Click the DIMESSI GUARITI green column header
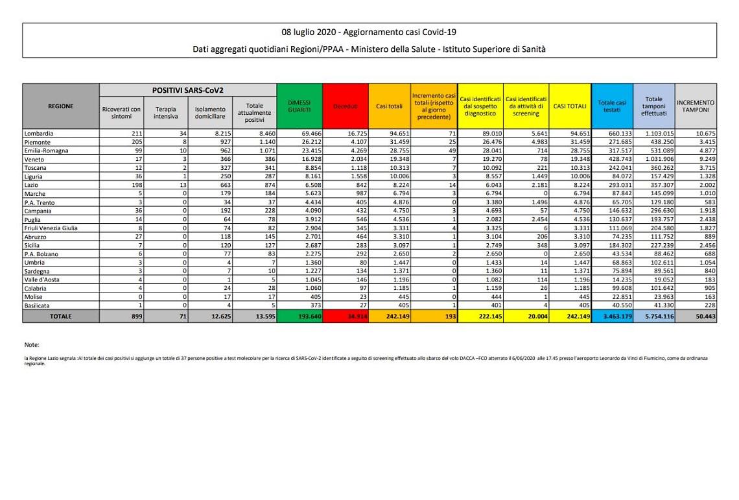coord(299,106)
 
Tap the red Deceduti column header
coord(345,106)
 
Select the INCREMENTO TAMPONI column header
coord(696,106)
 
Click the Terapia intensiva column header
coord(165,113)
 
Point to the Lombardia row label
coord(40,133)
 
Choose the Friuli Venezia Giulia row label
coord(52,228)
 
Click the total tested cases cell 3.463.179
coord(613,316)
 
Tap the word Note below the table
coord(32,345)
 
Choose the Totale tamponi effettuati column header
coord(654,106)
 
